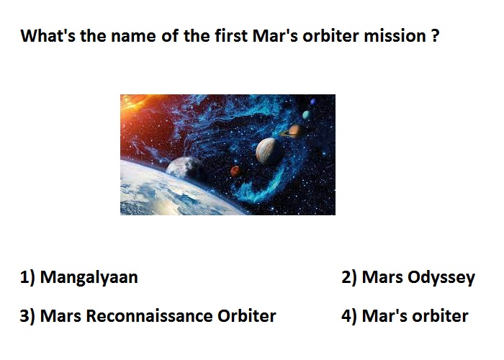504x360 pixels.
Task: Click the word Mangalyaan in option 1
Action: tap(89, 277)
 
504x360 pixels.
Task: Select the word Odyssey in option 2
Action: tap(441, 277)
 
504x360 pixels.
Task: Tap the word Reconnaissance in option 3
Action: tap(149, 315)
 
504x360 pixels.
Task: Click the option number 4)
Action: tap(349, 316)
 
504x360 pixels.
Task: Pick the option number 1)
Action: tap(27, 277)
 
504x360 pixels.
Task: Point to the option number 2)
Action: tap(349, 277)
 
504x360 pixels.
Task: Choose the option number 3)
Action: tap(27, 316)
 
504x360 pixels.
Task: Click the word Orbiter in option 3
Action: tap(246, 315)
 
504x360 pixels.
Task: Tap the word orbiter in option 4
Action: tap(440, 315)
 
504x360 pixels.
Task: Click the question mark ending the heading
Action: tap(435, 36)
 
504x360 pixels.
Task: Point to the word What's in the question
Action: tap(48, 35)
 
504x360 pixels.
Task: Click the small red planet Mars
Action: tap(235, 171)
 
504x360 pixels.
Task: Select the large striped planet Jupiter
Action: tap(269, 151)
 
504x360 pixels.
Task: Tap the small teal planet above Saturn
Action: tap(306, 114)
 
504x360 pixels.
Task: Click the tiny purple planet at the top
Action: tap(312, 102)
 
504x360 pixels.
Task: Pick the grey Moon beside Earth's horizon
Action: tap(186, 168)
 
